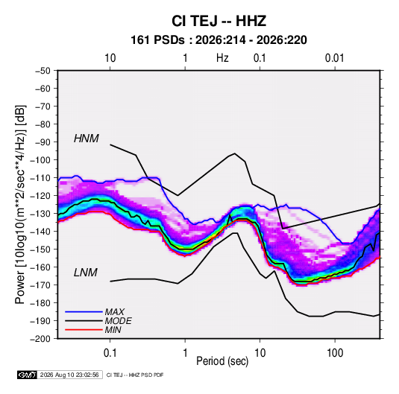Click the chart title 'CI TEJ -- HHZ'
[x=219, y=21]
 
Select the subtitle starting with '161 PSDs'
[x=219, y=40]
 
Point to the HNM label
[x=87, y=139]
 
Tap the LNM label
[x=86, y=273]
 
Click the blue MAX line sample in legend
[x=84, y=311]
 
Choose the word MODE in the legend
[x=118, y=321]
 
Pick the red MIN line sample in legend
[x=84, y=330]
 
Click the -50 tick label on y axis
[x=43, y=71]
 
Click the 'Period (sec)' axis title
[x=222, y=361]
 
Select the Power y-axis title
[x=20, y=205]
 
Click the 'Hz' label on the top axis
[x=222, y=58]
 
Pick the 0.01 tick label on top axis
[x=335, y=58]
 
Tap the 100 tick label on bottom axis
[x=335, y=353]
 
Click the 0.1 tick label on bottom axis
[x=110, y=353]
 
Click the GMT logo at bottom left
[x=27, y=375]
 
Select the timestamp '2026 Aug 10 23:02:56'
[x=69, y=375]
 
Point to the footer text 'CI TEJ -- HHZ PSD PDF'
[x=135, y=375]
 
